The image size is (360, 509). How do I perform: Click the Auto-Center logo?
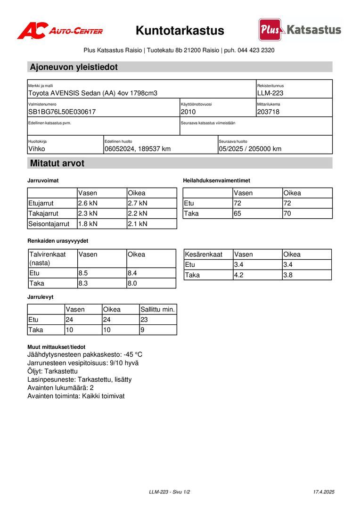(60, 31)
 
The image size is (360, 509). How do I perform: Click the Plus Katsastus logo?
(300, 30)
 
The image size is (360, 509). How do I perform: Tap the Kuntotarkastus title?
(180, 31)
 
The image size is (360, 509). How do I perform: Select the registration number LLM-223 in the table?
(270, 93)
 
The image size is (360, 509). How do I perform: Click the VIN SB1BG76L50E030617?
(62, 112)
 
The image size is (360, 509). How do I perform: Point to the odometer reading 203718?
(268, 112)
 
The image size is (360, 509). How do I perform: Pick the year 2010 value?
(188, 112)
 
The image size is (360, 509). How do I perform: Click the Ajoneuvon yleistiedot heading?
(74, 67)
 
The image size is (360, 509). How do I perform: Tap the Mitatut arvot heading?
(57, 163)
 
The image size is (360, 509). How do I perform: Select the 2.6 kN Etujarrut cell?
(88, 203)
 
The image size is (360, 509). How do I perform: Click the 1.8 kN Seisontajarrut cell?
(88, 224)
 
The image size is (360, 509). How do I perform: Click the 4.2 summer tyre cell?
(239, 275)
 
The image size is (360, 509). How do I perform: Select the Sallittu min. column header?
(158, 309)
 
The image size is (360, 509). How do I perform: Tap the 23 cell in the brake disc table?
(145, 320)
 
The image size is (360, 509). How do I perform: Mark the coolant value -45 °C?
(133, 354)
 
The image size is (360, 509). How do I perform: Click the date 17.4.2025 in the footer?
(323, 492)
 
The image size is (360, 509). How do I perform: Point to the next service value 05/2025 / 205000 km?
(250, 149)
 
